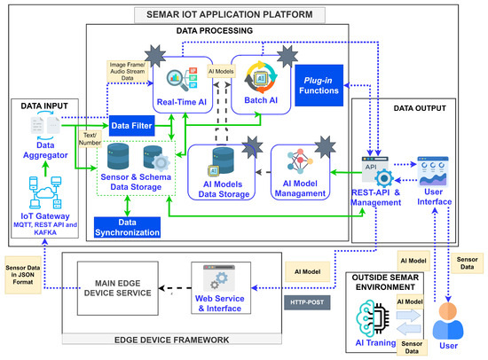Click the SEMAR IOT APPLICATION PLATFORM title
coord(244,15)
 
